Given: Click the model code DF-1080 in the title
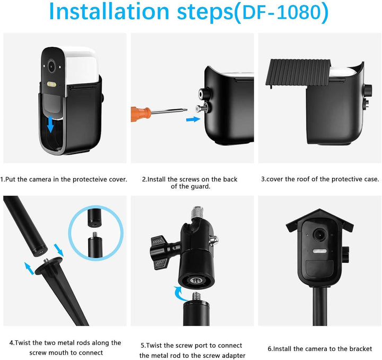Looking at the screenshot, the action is pyautogui.click(x=282, y=13).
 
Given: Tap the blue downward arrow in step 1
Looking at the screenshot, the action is pyautogui.click(x=50, y=124).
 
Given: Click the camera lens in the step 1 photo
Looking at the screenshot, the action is pyautogui.click(x=51, y=65).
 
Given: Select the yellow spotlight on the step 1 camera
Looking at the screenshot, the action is pyautogui.click(x=52, y=84).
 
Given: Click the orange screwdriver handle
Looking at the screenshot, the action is pyautogui.click(x=141, y=114).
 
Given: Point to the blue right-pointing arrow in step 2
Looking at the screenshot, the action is pyautogui.click(x=193, y=119).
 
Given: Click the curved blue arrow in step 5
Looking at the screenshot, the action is pyautogui.click(x=179, y=293).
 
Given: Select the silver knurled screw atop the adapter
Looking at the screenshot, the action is pyautogui.click(x=197, y=212).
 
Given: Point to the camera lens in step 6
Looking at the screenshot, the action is pyautogui.click(x=319, y=235).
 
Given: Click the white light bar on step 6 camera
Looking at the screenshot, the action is pyautogui.click(x=319, y=251).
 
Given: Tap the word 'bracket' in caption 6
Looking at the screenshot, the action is pyautogui.click(x=361, y=349).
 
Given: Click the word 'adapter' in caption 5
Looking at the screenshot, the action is pyautogui.click(x=233, y=356).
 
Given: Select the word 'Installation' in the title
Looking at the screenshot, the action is pyautogui.click(x=109, y=12).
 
